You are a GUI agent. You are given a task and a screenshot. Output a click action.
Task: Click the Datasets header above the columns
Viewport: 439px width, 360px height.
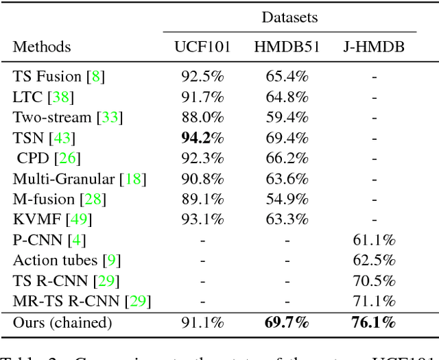pyautogui.click(x=289, y=16)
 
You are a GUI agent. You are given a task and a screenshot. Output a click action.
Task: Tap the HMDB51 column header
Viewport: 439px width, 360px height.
pyautogui.click(x=287, y=47)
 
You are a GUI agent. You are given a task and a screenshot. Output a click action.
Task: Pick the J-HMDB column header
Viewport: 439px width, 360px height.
pyautogui.click(x=374, y=47)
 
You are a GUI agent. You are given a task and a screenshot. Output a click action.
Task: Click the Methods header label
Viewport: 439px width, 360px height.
pyautogui.click(x=42, y=47)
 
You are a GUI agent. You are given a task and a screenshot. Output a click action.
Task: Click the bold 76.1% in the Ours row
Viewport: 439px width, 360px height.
pyautogui.click(x=374, y=322)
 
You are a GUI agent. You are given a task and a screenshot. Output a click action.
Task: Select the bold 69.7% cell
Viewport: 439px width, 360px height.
pyautogui.click(x=287, y=322)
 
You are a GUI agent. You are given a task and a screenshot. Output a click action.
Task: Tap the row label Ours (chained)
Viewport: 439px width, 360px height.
pyautogui.click(x=62, y=322)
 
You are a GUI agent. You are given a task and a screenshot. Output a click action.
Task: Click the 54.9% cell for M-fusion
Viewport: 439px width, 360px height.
pyautogui.click(x=287, y=200)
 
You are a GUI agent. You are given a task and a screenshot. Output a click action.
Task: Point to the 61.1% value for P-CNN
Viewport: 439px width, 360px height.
pyautogui.click(x=374, y=240)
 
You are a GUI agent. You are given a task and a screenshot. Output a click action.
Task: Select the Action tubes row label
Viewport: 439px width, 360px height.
pyautogui.click(x=55, y=261)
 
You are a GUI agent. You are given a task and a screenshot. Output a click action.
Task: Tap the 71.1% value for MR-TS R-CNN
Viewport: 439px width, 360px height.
pyautogui.click(x=374, y=301)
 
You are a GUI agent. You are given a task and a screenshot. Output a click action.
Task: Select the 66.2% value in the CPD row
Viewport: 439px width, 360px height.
pyautogui.click(x=287, y=158)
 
